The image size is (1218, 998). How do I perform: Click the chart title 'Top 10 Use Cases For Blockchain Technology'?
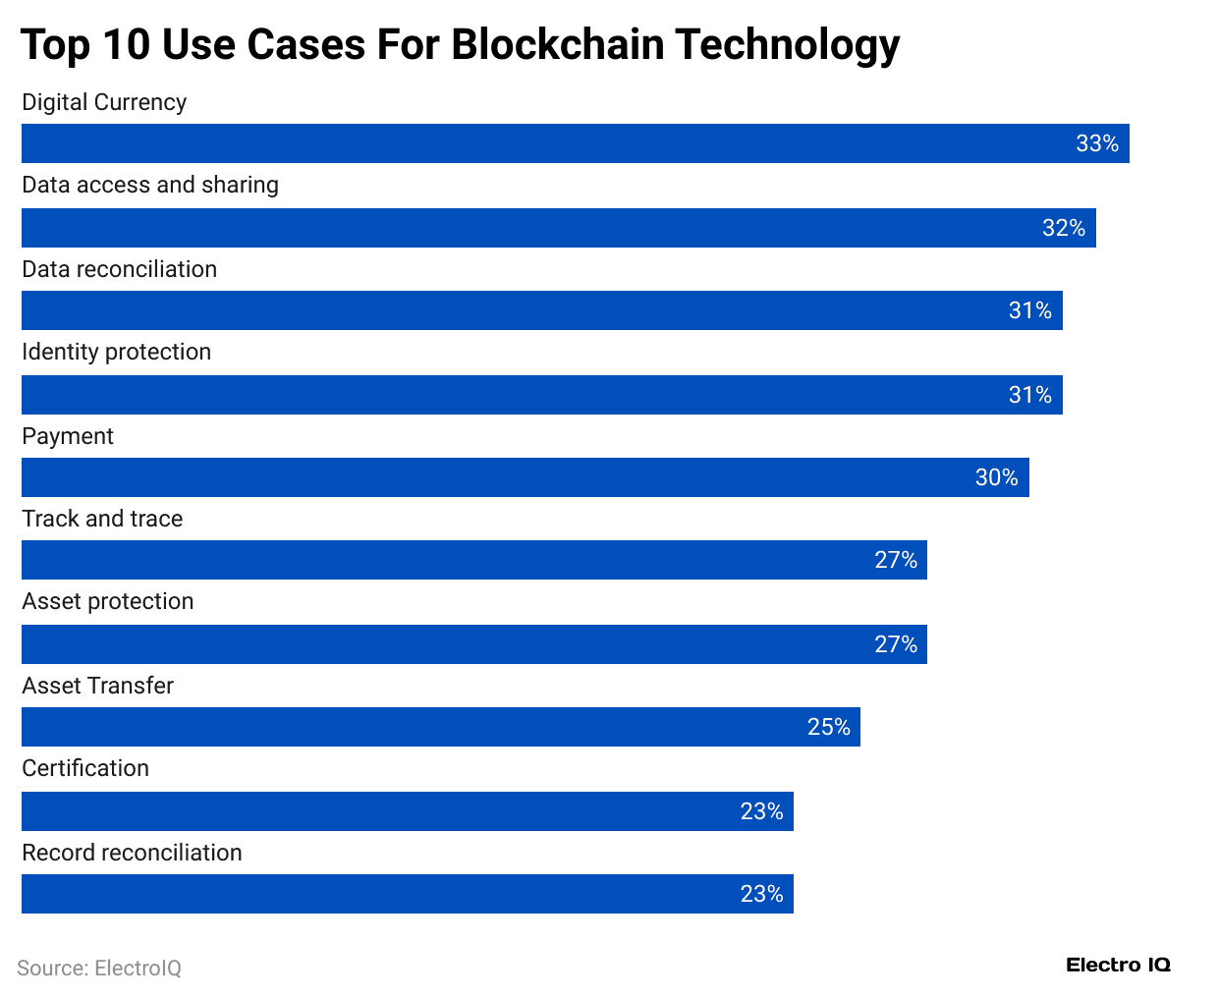pos(460,45)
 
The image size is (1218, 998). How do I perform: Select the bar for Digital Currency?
pos(575,143)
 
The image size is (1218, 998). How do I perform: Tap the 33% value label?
pos(1096,143)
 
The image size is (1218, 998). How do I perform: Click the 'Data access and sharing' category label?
pos(150,185)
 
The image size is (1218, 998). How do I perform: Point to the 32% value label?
pos(1063,228)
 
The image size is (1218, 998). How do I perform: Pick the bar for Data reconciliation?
pos(541,310)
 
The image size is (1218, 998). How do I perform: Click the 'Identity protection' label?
pos(116,352)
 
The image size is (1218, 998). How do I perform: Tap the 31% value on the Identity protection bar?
pos(1029,395)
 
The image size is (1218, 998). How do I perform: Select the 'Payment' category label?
pos(68,436)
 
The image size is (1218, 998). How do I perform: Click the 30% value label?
pos(996,477)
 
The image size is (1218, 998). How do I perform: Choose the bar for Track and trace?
pos(473,560)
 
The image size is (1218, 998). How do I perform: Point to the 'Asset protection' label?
pos(108,601)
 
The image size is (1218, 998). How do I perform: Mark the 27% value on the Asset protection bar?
pos(896,644)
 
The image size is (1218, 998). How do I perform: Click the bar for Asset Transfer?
pos(440,727)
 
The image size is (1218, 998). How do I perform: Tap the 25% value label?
pos(828,727)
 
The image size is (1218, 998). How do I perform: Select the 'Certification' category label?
pos(85,768)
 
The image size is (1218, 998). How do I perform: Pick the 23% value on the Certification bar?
pos(761,811)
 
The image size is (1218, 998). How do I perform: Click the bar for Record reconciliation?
pos(407,894)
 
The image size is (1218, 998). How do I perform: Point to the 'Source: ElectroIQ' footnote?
pos(99,969)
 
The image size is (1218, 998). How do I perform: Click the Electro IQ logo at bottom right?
pos(1118,966)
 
